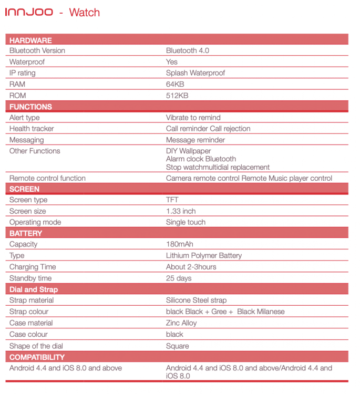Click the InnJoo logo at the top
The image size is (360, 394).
tap(29, 12)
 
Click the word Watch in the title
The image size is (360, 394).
tap(85, 12)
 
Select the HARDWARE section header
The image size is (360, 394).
tap(30, 40)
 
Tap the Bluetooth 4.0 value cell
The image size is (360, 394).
tap(187, 50)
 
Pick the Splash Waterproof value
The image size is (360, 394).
tap(195, 73)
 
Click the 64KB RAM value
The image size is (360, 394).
tap(175, 84)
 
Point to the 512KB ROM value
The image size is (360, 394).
tap(177, 96)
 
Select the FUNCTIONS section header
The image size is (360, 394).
tap(30, 107)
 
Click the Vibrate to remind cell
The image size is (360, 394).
tap(193, 118)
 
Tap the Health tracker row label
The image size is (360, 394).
tap(32, 129)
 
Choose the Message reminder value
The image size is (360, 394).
tap(195, 140)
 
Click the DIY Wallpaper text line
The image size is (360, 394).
tap(188, 151)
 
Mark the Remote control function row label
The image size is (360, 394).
tap(47, 178)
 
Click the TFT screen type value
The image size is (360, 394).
tap(172, 200)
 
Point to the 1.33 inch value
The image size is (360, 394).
tap(181, 211)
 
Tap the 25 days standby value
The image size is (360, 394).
tap(179, 278)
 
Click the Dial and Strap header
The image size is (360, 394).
tap(34, 289)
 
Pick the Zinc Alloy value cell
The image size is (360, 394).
tap(181, 323)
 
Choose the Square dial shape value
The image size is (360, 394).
tap(178, 346)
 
